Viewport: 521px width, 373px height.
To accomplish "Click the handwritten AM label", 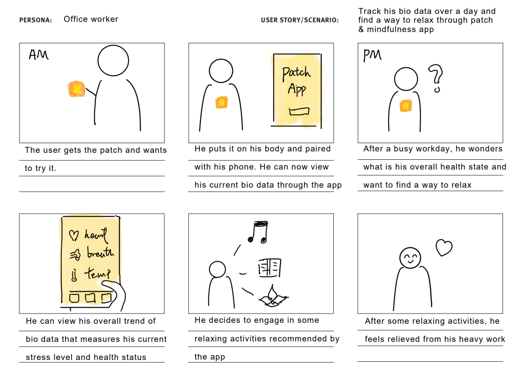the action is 39,54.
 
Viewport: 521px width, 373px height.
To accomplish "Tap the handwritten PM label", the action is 372,55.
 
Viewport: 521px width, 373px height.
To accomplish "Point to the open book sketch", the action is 270,268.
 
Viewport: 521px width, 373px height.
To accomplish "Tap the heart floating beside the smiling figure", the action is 444,248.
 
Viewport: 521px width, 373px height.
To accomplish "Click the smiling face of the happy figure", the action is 410,258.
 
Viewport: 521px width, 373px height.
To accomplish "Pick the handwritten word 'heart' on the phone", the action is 96,235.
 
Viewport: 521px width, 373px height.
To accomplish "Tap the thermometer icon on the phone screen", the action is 74,275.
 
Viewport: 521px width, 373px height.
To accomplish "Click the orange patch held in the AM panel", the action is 76,89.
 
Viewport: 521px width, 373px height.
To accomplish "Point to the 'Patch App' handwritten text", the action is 297,81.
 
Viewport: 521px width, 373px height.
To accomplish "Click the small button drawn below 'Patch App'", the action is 299,111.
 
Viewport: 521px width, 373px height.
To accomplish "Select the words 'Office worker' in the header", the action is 91,19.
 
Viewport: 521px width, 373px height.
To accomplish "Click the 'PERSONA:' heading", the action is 35,20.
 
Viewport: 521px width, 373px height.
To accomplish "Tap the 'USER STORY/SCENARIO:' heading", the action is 300,20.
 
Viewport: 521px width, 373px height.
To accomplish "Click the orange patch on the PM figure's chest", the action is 405,105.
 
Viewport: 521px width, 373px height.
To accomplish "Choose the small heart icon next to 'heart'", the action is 74,235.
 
